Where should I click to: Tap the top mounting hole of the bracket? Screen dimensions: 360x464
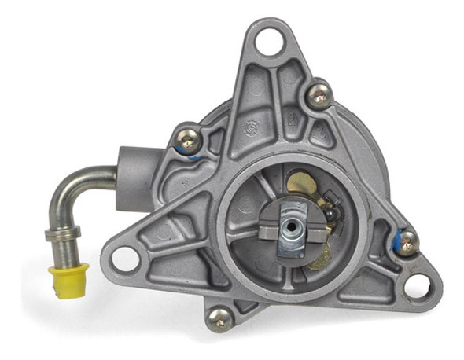[x=269, y=40]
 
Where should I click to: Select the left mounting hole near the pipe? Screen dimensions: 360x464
[x=124, y=257]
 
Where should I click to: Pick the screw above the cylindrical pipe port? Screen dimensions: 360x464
[x=186, y=142]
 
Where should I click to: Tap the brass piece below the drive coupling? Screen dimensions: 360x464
[x=318, y=255]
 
